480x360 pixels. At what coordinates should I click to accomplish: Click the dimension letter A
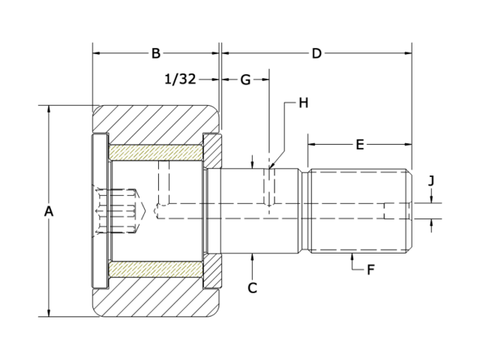49,211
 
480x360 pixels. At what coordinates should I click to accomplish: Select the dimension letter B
156,53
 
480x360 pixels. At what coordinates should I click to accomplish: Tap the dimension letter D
316,53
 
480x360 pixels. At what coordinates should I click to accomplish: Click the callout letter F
370,269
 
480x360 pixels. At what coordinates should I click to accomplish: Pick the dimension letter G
244,80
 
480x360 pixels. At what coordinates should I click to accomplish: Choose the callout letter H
303,103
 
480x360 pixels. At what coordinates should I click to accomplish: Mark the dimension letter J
431,181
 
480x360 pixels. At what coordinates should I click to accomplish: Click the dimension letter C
253,287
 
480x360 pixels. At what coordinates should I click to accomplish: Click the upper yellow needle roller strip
155,151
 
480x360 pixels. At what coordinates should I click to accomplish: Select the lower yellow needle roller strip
155,269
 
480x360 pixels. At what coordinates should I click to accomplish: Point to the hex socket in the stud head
118,211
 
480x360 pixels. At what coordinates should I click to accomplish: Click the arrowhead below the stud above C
253,257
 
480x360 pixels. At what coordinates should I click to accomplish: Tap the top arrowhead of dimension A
49,109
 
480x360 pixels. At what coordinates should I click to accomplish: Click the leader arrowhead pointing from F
352,257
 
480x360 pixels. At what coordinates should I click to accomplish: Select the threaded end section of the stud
360,211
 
